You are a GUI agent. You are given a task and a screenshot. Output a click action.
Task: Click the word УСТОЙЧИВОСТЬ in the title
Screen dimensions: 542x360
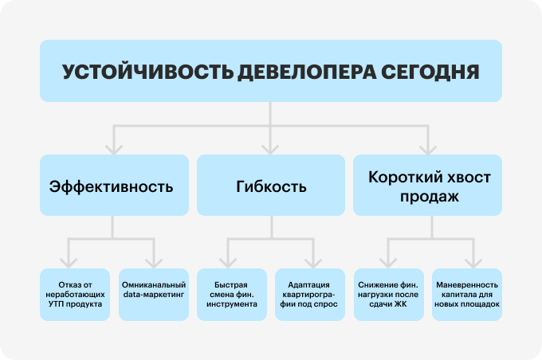[x=148, y=72]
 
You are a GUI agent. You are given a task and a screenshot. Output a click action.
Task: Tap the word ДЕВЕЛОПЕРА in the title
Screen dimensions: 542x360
[x=307, y=72]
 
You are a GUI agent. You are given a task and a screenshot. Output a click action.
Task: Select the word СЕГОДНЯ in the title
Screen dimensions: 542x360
[x=430, y=72]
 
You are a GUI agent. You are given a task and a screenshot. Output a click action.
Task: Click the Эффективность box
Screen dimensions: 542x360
[x=114, y=186]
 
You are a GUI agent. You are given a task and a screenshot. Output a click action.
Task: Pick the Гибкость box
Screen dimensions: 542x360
[x=271, y=186]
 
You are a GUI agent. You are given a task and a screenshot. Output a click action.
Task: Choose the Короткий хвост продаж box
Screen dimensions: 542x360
[x=427, y=186]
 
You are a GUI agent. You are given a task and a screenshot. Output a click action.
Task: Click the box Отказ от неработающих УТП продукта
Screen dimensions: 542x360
[x=75, y=295]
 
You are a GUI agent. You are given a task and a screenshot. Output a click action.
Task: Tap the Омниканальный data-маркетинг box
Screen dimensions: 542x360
[x=154, y=295]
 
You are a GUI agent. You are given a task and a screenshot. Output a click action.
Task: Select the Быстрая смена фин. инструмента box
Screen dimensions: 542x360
[x=232, y=295]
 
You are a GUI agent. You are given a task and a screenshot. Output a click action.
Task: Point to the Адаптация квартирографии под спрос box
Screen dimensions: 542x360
[x=310, y=295]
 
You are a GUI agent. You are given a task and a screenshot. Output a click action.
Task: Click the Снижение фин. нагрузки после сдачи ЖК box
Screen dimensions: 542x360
[x=389, y=295]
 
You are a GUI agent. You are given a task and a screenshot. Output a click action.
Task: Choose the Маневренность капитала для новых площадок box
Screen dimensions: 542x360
[x=467, y=295]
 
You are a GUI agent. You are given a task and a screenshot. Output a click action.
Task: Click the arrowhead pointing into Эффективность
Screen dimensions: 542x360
[x=114, y=150]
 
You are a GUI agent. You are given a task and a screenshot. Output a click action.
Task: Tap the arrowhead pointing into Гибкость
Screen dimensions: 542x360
[x=270, y=150]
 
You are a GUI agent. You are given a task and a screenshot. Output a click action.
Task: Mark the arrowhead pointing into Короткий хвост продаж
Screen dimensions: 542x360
[x=428, y=150]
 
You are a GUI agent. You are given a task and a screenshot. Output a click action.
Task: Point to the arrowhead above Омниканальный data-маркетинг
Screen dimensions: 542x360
[x=154, y=264]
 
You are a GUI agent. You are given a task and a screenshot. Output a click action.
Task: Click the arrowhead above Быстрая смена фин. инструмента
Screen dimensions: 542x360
[x=228, y=264]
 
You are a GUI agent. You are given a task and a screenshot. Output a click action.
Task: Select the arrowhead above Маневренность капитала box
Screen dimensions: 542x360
[x=473, y=264]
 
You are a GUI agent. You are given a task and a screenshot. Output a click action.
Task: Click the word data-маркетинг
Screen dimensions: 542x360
[x=154, y=295]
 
